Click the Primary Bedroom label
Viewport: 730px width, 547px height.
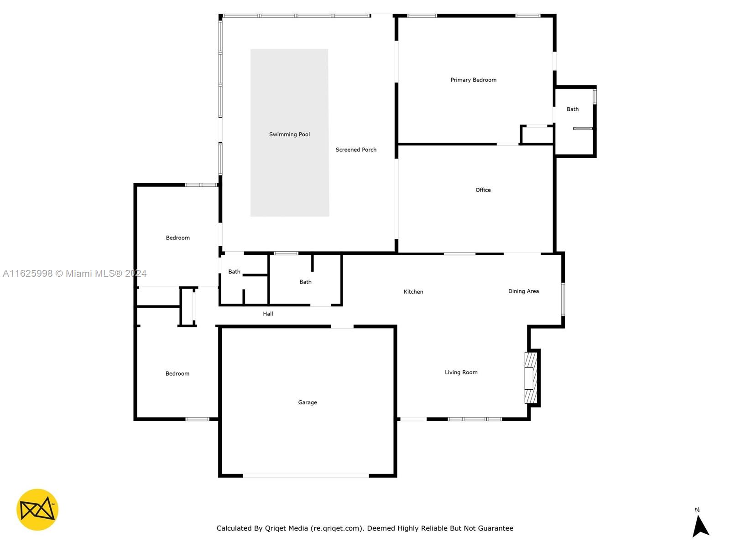tap(473, 80)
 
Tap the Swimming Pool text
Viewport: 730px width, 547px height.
tap(289, 134)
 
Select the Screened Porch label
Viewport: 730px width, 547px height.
tap(356, 150)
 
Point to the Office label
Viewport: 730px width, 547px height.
tap(483, 190)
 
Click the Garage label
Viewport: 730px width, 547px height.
tap(308, 403)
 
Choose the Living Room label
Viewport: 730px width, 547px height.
tap(461, 372)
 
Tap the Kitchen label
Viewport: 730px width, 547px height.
tap(413, 292)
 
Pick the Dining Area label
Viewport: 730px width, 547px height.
tap(523, 291)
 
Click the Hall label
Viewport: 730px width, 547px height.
tap(268, 314)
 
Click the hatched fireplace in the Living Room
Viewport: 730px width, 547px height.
tap(531, 378)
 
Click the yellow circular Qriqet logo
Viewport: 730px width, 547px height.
tap(37, 510)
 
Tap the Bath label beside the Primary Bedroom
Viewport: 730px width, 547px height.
tap(572, 109)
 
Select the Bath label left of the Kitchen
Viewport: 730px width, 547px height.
tap(305, 282)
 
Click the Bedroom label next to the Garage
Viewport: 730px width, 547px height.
tap(177, 374)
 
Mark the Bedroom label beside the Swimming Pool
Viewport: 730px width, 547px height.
tap(177, 238)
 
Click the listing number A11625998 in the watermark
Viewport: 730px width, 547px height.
tap(28, 273)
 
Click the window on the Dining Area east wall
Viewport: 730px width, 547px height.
tap(563, 299)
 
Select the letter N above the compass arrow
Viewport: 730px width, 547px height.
tap(697, 510)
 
